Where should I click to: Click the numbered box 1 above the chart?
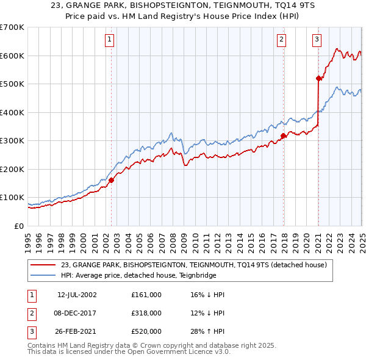(109, 40)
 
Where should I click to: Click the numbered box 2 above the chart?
(281, 40)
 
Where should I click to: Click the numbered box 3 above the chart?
(317, 40)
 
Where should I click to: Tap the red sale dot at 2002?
(112, 180)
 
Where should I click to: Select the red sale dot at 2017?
(284, 135)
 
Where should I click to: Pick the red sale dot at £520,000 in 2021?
(318, 78)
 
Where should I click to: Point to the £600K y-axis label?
(12, 56)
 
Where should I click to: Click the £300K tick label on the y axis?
(12, 140)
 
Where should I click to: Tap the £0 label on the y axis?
(19, 226)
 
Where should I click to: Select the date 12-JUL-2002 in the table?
(77, 295)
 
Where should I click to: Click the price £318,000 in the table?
(146, 313)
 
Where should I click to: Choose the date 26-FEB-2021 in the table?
(77, 331)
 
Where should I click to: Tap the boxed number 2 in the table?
(30, 313)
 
